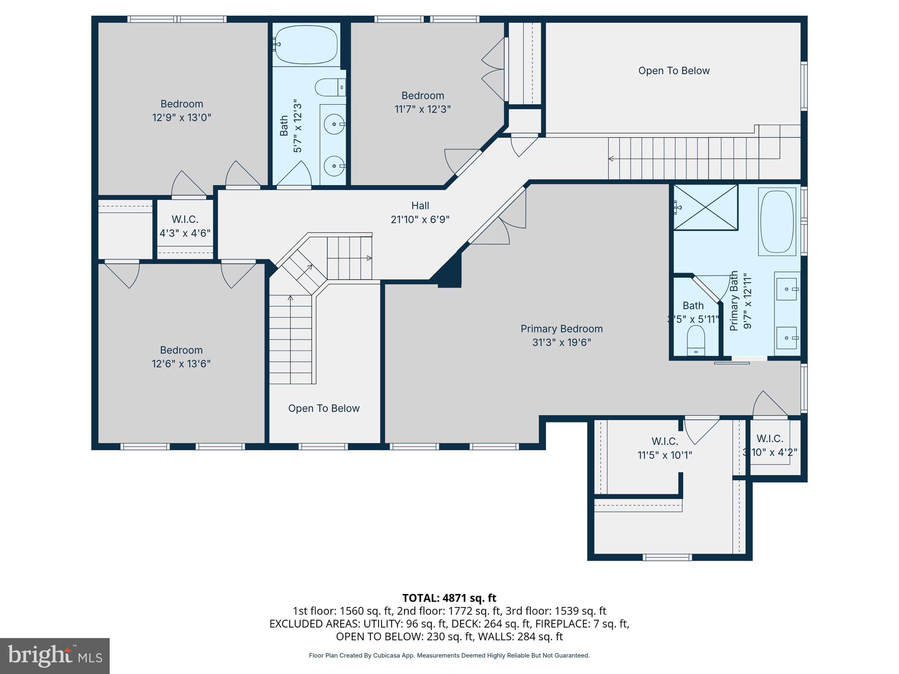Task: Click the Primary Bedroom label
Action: click(x=561, y=329)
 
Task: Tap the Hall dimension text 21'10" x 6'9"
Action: click(x=420, y=220)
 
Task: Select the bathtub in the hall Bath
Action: click(x=306, y=44)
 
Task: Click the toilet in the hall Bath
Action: click(x=329, y=87)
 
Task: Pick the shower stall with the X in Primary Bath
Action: click(x=705, y=207)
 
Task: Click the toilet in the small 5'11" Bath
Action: click(x=696, y=340)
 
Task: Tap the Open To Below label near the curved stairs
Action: click(x=324, y=408)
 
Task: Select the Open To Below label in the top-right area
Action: click(x=673, y=71)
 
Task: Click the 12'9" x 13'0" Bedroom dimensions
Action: click(x=182, y=118)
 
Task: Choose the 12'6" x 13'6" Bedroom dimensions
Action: click(x=181, y=364)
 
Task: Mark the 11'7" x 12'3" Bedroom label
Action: click(x=423, y=96)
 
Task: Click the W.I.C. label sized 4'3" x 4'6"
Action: click(x=185, y=220)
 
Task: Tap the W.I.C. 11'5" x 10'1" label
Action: click(x=665, y=442)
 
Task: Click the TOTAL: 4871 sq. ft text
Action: click(x=449, y=598)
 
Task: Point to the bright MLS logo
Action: click(x=54, y=656)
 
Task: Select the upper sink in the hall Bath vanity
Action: click(x=334, y=124)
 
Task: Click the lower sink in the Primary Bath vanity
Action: click(x=787, y=338)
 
